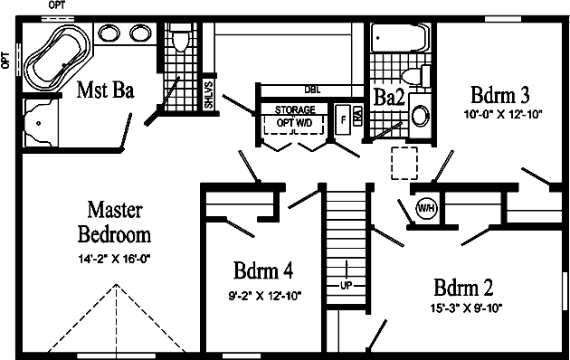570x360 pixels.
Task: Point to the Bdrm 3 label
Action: pyautogui.click(x=499, y=95)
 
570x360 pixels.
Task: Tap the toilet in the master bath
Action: pyautogui.click(x=179, y=42)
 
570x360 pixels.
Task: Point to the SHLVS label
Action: pyautogui.click(x=208, y=94)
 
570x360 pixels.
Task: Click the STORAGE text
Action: pyautogui.click(x=295, y=109)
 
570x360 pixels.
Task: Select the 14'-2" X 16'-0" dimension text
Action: pyautogui.click(x=114, y=260)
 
